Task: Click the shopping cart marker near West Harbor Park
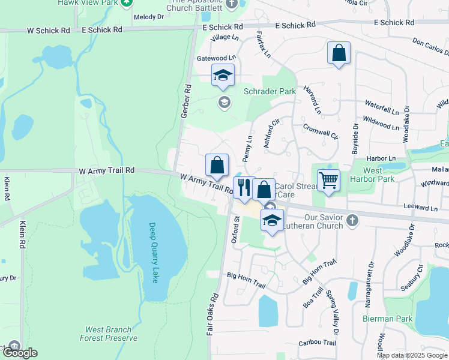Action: (x=329, y=180)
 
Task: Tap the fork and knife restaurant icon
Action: (x=243, y=187)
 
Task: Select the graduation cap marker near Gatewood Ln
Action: (x=223, y=75)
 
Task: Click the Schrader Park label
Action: (x=270, y=92)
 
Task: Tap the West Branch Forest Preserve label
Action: (x=109, y=334)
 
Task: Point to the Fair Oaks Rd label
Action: (x=213, y=323)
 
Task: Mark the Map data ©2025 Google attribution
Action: (x=412, y=355)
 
